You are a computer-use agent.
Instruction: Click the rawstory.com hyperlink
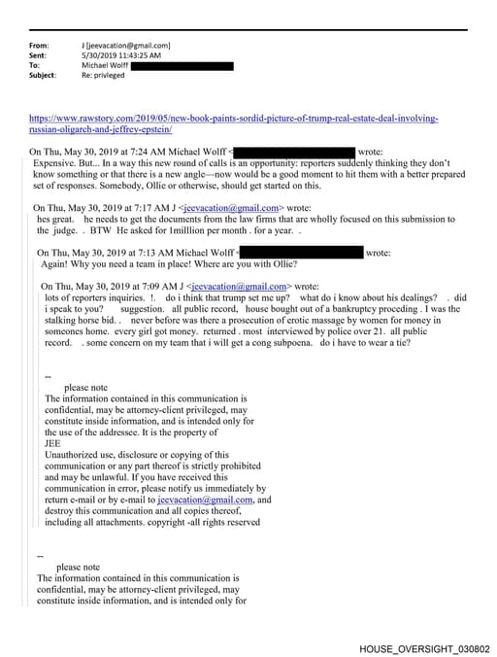pyautogui.click(x=233, y=119)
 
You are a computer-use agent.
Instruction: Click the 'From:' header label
pyautogui.click(x=40, y=46)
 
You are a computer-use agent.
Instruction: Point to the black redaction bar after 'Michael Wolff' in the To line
pyautogui.click(x=186, y=65)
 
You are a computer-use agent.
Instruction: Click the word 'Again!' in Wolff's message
pyautogui.click(x=55, y=265)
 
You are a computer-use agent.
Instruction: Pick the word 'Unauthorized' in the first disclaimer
pyautogui.click(x=74, y=455)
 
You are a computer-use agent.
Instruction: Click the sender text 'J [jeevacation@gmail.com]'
pyautogui.click(x=127, y=46)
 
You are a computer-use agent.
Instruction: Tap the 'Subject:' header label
pyautogui.click(x=43, y=75)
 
